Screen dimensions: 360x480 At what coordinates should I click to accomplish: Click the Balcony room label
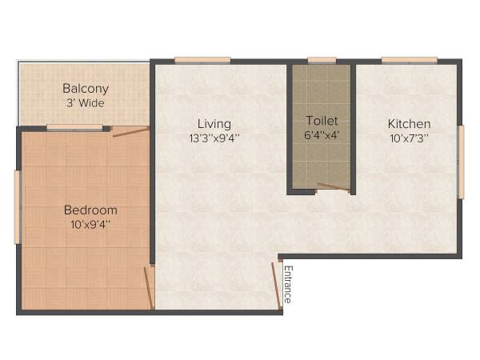[86, 89]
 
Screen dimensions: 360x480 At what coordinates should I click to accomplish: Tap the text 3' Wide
[86, 103]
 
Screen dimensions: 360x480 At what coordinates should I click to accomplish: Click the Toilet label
[322, 121]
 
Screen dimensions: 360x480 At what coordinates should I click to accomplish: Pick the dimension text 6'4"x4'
[322, 135]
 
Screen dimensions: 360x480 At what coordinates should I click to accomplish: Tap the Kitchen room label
[409, 124]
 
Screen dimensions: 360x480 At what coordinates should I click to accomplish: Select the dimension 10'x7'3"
[409, 138]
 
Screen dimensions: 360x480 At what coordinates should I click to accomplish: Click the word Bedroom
[90, 210]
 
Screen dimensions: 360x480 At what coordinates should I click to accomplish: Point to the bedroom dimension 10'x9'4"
[90, 224]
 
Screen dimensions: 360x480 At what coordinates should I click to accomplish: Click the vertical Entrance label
[289, 284]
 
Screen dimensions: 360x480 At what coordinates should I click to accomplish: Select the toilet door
[333, 188]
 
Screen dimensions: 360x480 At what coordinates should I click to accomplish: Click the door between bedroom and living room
[148, 287]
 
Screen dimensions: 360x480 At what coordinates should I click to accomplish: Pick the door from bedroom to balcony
[130, 131]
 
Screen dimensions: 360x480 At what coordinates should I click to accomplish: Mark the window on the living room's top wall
[202, 60]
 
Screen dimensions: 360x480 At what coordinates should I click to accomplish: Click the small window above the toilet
[322, 60]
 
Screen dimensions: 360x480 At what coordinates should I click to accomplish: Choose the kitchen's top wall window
[409, 60]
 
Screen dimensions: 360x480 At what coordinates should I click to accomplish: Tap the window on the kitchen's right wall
[460, 162]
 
